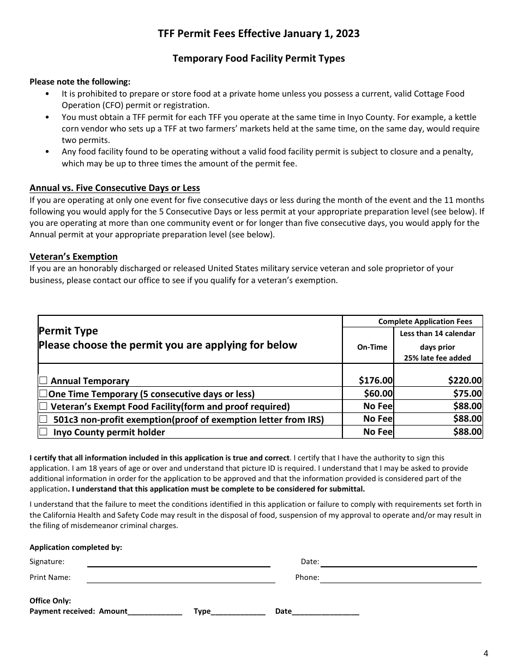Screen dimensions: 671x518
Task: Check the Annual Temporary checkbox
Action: [43, 381]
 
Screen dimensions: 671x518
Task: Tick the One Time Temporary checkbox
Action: [43, 393]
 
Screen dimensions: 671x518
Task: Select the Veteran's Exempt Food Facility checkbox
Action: [43, 406]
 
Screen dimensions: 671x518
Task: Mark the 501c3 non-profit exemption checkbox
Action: [43, 419]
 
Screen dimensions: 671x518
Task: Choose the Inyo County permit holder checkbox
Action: [43, 432]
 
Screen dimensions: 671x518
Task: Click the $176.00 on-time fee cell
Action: [375, 381]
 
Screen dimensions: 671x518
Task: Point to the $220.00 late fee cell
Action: [465, 381]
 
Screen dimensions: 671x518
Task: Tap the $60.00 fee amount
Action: [378, 393]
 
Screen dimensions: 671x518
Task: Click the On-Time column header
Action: [372, 347]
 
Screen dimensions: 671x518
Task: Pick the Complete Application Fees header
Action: [425, 321]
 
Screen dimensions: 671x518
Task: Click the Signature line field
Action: [178, 562]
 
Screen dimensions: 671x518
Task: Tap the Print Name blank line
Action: [180, 578]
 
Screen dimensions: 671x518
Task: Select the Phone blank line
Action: [400, 578]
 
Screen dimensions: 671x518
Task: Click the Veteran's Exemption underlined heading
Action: [74, 256]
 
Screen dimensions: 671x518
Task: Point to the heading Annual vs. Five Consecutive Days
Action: [115, 188]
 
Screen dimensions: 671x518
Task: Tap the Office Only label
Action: [50, 601]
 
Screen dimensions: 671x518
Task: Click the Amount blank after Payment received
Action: [155, 612]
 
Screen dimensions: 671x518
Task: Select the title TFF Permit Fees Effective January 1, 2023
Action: [258, 33]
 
